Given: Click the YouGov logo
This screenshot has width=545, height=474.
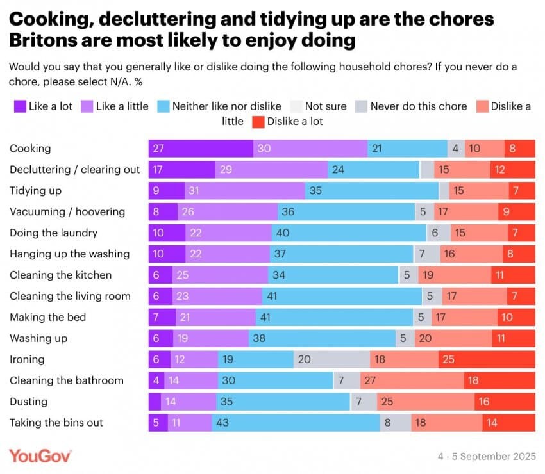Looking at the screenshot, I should pyautogui.click(x=40, y=455).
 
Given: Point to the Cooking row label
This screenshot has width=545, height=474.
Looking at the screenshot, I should pyautogui.click(x=30, y=149).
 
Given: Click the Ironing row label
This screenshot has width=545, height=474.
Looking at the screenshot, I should pyautogui.click(x=27, y=359).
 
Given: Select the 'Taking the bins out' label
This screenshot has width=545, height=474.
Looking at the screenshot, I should pyautogui.click(x=56, y=423).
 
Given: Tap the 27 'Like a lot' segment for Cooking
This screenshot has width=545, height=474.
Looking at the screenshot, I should pyautogui.click(x=201, y=149).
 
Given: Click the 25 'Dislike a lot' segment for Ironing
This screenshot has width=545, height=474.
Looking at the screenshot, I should pyautogui.click(x=487, y=359).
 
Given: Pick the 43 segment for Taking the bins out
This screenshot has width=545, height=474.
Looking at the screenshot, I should pyautogui.click(x=296, y=423).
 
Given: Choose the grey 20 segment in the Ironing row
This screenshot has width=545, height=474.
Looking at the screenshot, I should pyautogui.click(x=331, y=359).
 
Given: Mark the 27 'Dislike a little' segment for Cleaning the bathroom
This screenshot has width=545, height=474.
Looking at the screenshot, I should pyautogui.click(x=412, y=380).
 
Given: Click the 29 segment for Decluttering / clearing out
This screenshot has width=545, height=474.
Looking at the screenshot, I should pyautogui.click(x=271, y=170).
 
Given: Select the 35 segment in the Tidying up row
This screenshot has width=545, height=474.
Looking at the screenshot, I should pyautogui.click(x=372, y=191).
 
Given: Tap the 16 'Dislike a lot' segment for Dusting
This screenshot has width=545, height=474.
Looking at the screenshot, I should pyautogui.click(x=505, y=402).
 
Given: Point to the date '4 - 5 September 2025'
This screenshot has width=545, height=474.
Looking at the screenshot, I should pyautogui.click(x=486, y=456).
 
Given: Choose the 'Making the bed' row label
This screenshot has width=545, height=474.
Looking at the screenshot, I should pyautogui.click(x=47, y=317).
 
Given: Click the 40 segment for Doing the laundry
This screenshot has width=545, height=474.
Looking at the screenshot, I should pyautogui.click(x=349, y=233).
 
